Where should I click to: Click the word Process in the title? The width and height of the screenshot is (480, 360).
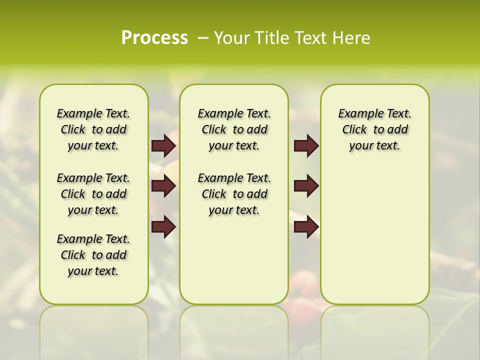154,38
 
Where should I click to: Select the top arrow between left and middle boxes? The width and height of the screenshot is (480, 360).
163,145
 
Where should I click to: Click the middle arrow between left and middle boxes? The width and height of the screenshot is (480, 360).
163,186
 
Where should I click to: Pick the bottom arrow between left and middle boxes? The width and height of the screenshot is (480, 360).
163,226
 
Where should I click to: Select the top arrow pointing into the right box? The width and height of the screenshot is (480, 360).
306,145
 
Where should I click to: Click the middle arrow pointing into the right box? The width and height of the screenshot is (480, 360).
306,186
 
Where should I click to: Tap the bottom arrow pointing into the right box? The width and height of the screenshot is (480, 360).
306,226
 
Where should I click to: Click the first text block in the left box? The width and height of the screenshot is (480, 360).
93,129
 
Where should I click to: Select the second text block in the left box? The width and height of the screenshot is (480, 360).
93,194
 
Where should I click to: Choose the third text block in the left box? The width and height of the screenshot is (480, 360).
93,255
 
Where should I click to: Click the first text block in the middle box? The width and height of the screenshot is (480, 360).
234,129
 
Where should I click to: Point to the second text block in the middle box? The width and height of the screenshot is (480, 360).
234,194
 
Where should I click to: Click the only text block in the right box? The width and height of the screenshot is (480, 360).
374,129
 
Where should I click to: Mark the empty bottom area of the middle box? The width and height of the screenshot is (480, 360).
234,265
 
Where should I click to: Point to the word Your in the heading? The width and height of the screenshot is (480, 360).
231,38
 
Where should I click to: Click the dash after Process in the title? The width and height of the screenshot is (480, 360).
203,38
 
